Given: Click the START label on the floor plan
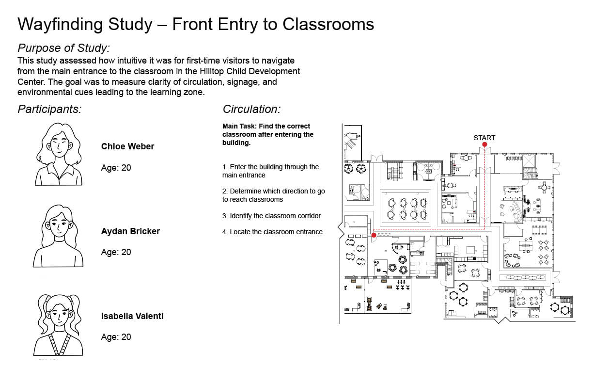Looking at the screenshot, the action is click(x=484, y=138).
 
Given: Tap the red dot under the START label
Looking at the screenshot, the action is click(x=484, y=144).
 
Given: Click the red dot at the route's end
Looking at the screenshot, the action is click(x=374, y=235).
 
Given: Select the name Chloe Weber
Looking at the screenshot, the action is click(x=127, y=146).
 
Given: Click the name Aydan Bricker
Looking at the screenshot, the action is click(x=130, y=231).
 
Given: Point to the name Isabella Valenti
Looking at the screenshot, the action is click(x=132, y=316).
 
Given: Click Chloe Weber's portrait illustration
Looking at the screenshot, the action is click(x=59, y=154).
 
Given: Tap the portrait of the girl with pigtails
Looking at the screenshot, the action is click(x=58, y=325).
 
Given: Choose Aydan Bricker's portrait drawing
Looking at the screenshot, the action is click(x=58, y=236).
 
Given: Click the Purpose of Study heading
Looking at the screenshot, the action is click(x=64, y=48).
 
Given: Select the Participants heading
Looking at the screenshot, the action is click(x=49, y=109).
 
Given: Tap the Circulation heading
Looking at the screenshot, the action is click(x=251, y=109).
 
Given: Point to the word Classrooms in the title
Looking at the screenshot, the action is click(x=328, y=24).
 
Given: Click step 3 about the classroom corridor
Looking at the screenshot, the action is click(x=271, y=216).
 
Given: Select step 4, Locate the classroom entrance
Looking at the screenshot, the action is click(x=272, y=232).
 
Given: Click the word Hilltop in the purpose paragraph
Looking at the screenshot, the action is click(x=212, y=71).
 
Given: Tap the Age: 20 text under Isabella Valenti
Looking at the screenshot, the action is click(x=116, y=337).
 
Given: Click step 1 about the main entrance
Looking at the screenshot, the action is click(x=270, y=171).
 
